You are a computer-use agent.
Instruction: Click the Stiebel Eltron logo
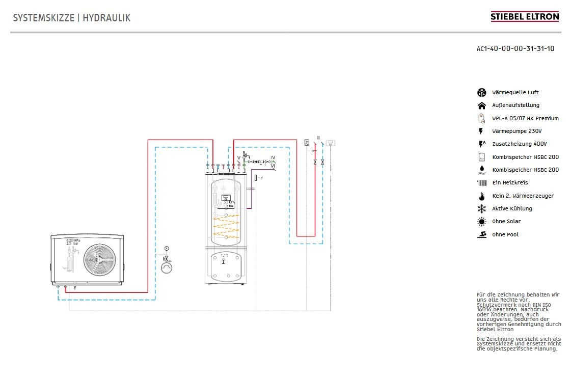point(524,17)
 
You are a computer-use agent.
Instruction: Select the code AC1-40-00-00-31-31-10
point(515,49)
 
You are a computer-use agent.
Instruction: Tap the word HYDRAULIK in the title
point(106,18)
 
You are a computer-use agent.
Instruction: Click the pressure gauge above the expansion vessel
point(166,248)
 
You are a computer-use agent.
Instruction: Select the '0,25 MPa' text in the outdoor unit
point(73,240)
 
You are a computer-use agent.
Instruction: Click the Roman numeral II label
point(318,138)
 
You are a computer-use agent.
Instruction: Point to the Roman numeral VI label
point(274,166)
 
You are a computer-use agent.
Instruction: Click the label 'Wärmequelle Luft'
point(515,93)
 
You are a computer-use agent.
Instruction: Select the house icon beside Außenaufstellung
point(481,105)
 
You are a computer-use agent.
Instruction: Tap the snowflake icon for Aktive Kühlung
point(481,209)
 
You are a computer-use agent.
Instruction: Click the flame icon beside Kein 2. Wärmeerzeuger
point(481,196)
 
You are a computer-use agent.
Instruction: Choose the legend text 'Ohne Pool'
point(505,235)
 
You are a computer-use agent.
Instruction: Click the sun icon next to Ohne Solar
point(481,222)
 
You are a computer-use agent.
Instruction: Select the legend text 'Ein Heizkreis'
point(510,183)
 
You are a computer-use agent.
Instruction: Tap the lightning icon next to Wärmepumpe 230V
point(481,131)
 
